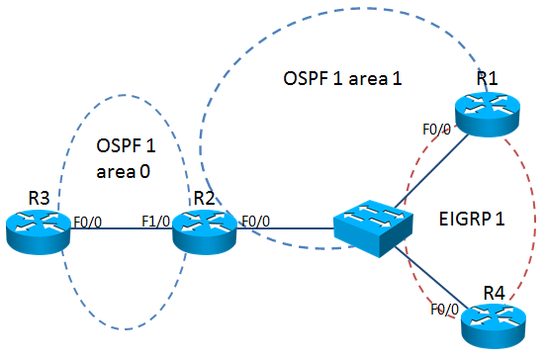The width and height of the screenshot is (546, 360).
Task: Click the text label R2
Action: [205, 198]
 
